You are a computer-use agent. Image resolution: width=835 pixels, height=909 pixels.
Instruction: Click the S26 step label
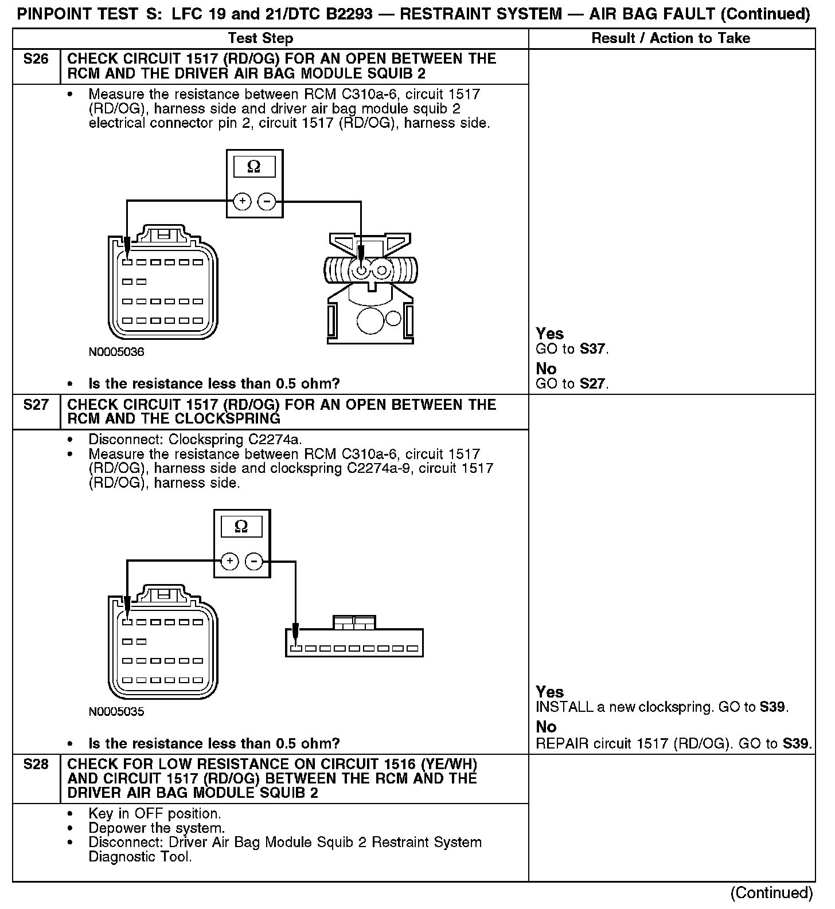pos(36,59)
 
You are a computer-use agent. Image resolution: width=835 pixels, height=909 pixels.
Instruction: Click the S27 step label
pos(36,405)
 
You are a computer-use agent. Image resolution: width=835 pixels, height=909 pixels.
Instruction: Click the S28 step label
pos(36,765)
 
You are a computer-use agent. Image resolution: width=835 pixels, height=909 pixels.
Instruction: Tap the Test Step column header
pos(260,38)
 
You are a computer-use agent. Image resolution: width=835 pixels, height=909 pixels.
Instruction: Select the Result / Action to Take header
pos(670,38)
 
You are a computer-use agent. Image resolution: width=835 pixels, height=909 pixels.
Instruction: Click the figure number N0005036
pos(116,352)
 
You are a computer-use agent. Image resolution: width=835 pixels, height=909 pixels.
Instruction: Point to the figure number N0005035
pos(116,712)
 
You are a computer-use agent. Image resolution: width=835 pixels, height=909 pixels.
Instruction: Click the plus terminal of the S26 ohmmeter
pos(243,201)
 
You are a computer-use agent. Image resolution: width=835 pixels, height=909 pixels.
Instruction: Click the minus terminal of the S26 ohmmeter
pos(266,201)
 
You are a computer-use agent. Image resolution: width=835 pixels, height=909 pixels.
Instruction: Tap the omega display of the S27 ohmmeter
pos(241,526)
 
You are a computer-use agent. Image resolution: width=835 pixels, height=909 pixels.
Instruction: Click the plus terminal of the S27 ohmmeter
pos(229,561)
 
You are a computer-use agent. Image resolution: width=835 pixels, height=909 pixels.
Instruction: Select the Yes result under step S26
pos(549,334)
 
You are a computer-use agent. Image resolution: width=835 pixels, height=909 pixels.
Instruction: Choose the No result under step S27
pos(546,727)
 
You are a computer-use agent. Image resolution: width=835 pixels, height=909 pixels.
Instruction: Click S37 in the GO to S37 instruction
pos(592,348)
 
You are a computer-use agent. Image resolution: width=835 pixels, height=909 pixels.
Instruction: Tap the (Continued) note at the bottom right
pos(771,894)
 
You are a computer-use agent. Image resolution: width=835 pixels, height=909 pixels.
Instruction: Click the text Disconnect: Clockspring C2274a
pos(195,440)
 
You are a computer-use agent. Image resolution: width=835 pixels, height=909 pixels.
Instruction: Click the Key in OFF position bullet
pos(154,814)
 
